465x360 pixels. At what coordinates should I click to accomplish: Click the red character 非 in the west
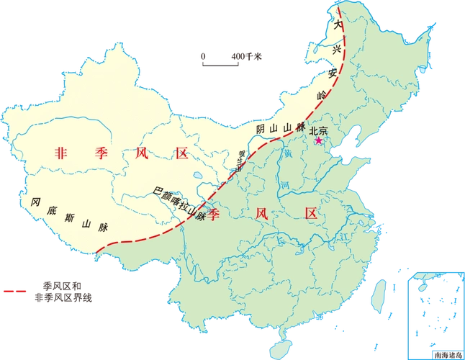pyautogui.click(x=62, y=153)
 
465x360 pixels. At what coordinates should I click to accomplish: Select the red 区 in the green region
pyautogui.click(x=310, y=214)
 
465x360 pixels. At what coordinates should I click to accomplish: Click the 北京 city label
pyautogui.click(x=317, y=130)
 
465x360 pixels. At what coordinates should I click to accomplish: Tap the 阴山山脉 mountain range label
pyautogui.click(x=281, y=127)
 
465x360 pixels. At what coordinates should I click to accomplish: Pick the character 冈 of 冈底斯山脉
pyautogui.click(x=35, y=202)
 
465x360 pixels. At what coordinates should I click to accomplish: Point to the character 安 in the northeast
pyautogui.click(x=333, y=72)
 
